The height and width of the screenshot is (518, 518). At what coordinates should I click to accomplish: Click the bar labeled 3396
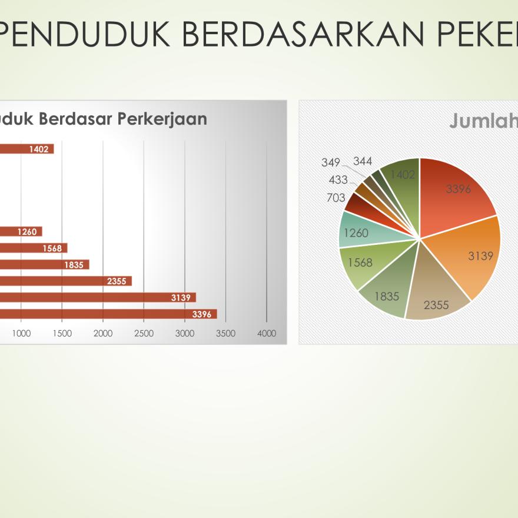[108, 314]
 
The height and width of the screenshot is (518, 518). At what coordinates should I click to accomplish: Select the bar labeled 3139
[98, 297]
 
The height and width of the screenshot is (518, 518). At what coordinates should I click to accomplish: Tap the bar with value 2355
[66, 281]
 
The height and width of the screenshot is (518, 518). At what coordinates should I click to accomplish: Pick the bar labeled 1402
[26, 149]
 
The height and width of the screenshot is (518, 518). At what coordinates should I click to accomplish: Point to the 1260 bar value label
[27, 232]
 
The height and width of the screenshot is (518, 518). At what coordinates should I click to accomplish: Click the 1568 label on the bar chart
[52, 248]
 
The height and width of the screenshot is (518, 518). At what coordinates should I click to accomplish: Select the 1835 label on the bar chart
[74, 265]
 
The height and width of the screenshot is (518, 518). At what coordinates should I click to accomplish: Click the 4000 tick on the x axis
[267, 333]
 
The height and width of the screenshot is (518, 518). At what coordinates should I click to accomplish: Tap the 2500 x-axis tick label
[144, 333]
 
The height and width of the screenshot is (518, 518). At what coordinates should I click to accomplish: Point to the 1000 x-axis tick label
[21, 333]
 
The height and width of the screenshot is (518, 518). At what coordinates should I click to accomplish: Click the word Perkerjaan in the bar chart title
[162, 119]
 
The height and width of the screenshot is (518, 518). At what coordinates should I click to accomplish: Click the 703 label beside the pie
[336, 198]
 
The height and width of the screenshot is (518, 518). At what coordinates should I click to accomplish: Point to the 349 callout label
[331, 162]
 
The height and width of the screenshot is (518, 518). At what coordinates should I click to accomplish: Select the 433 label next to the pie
[338, 180]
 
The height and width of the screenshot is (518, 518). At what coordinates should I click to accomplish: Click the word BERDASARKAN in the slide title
[303, 34]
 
